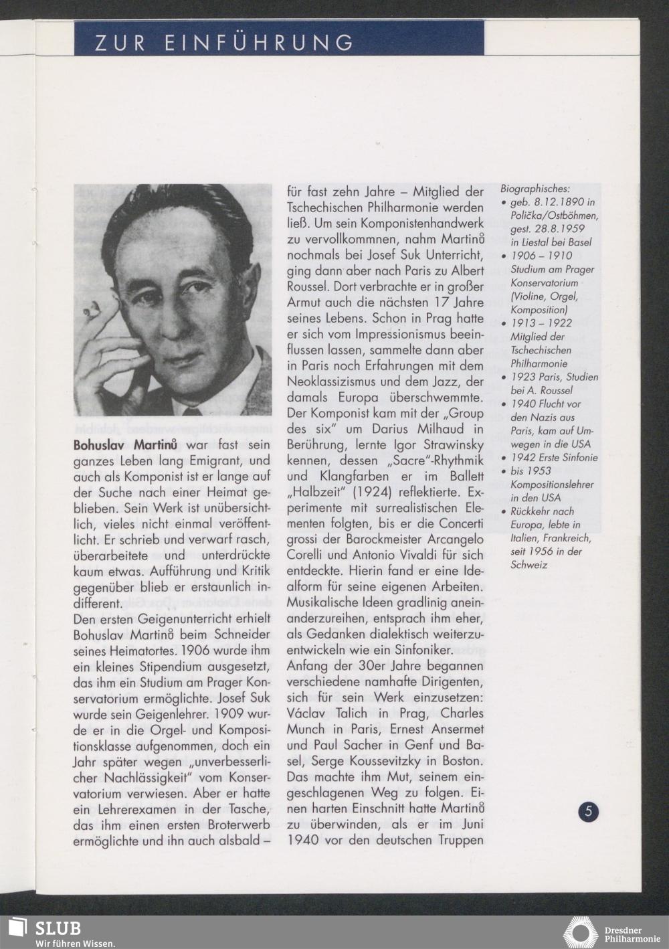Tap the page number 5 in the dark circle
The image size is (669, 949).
point(589,812)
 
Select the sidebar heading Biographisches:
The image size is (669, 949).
point(535,189)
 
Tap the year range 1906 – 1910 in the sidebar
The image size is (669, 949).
point(541,256)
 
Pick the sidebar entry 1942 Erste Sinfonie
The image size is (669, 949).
point(554,458)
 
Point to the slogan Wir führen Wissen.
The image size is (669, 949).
point(75,944)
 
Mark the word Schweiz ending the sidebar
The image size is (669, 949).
point(529,565)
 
